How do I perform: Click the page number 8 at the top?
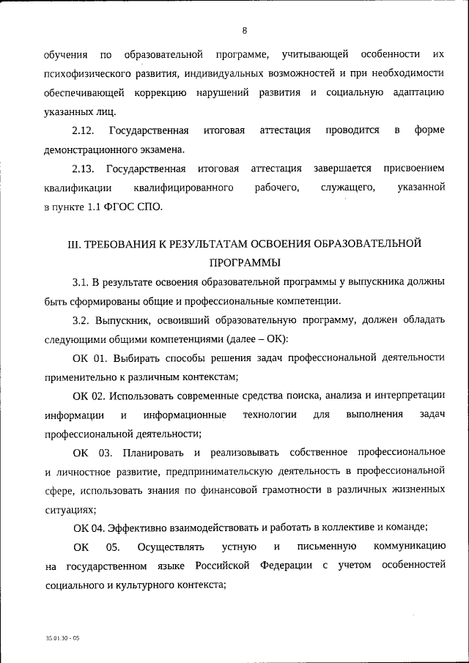pos(245,30)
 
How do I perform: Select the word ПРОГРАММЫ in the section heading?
pos(244,262)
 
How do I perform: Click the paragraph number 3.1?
pos(81,281)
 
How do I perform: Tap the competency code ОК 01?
pos(89,358)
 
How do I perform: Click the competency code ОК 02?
pos(89,396)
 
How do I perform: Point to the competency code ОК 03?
pos(92,452)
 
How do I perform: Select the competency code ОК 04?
pos(89,528)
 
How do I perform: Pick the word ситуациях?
pos(70,509)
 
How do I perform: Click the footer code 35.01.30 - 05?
pos(61,639)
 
